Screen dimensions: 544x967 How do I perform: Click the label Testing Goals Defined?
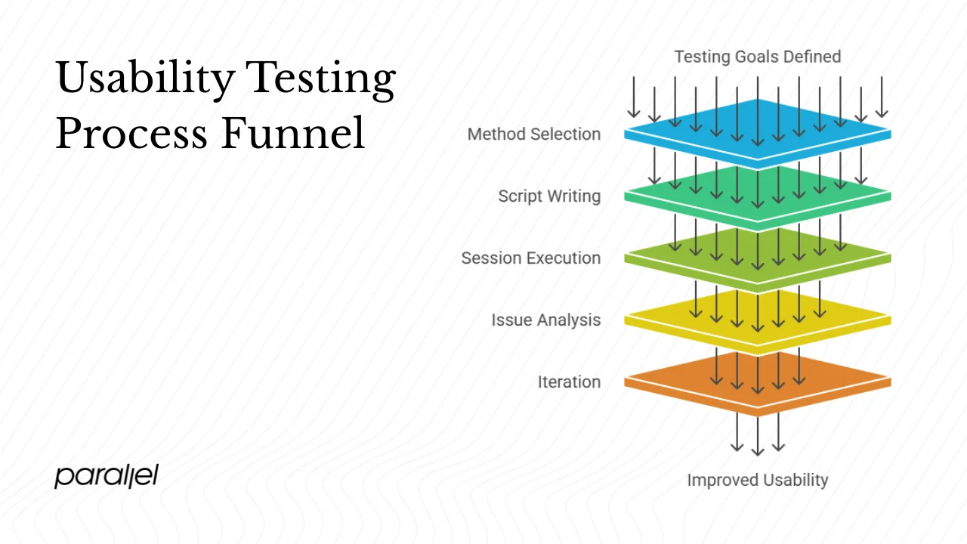(757, 57)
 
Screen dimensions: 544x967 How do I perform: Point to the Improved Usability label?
(757, 480)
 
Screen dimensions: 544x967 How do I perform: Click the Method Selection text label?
(534, 134)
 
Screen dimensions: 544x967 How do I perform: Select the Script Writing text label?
(549, 196)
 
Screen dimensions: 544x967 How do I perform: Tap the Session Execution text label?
(531, 258)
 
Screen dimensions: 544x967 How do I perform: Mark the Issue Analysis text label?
(546, 320)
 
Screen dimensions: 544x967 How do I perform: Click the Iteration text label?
(569, 382)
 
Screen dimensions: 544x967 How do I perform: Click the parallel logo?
(107, 476)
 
